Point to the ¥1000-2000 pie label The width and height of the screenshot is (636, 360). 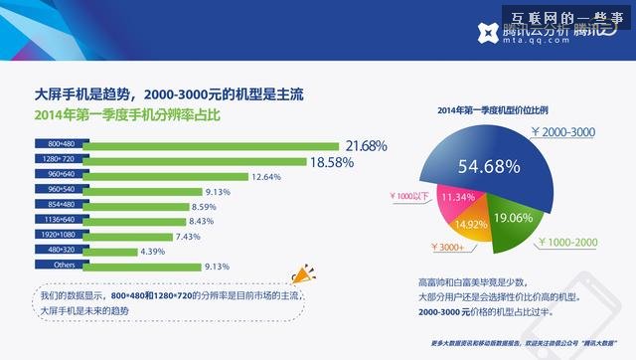point(568,241)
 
